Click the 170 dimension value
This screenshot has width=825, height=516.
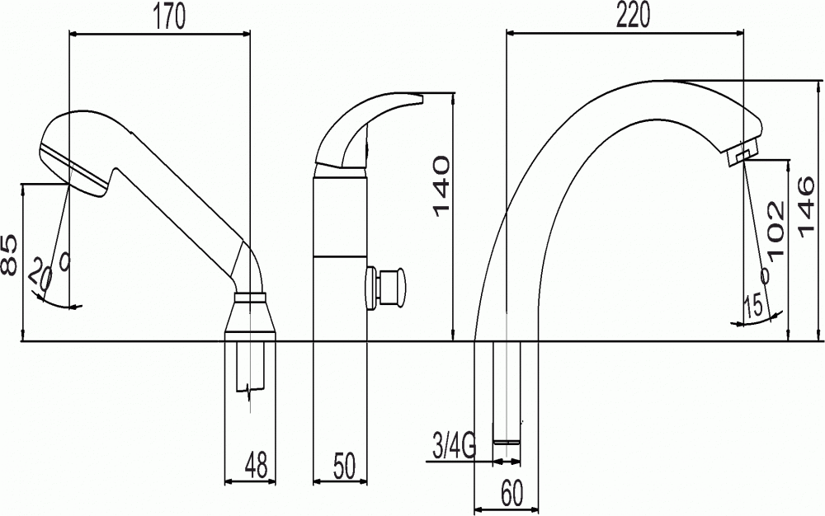point(169,16)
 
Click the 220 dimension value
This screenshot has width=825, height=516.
point(633,16)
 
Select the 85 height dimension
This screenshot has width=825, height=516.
point(9,256)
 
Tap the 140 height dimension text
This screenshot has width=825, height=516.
point(441,186)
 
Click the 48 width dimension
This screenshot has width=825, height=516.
point(256,464)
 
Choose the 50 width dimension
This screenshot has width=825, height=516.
point(344,465)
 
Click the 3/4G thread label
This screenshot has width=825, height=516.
point(454,446)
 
